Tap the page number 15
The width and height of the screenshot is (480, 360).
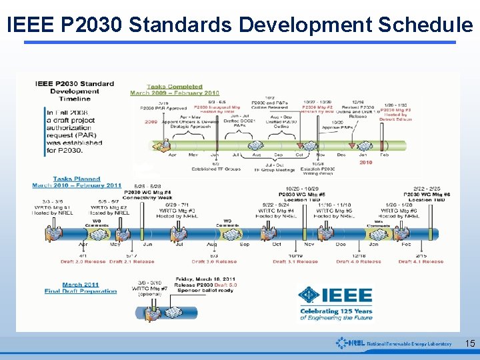click(x=469, y=344)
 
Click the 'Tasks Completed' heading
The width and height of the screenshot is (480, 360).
click(x=175, y=87)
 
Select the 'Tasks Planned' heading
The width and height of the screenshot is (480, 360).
click(x=77, y=179)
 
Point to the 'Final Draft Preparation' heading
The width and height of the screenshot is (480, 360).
click(x=81, y=291)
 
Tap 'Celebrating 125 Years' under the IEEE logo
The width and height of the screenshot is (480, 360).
click(x=336, y=311)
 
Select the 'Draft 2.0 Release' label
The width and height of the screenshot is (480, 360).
click(x=82, y=261)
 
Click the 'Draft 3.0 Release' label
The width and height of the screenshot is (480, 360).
click(x=214, y=261)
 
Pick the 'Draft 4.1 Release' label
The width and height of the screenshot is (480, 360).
click(x=421, y=261)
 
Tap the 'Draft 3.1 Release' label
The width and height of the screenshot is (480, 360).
click(x=295, y=261)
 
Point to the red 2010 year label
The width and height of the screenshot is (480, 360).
click(x=365, y=162)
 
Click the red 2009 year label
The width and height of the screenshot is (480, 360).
click(x=151, y=122)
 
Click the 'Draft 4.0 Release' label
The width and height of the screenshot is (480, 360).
click(x=359, y=261)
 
